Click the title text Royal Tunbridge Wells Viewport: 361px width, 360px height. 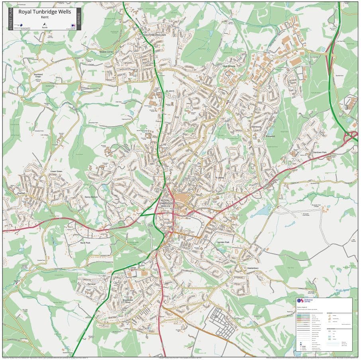pos(45,12)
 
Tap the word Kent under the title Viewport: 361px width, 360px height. pos(45,18)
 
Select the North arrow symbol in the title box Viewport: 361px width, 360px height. pos(45,24)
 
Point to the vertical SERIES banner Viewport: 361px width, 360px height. pos(78,19)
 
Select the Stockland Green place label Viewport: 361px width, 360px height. pos(38,75)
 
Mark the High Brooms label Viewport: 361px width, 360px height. pos(229,66)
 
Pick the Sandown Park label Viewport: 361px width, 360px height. pos(319,153)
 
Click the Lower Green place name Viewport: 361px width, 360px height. pos(56,172)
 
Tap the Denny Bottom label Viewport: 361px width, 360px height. pos(91,197)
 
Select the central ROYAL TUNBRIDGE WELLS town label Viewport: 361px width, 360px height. pos(167,203)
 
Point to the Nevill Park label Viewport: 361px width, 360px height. pos(85,243)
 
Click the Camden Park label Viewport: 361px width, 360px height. pos(223,242)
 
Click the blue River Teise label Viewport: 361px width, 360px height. pos(342,290)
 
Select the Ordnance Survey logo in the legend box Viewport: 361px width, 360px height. pos(307,301)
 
